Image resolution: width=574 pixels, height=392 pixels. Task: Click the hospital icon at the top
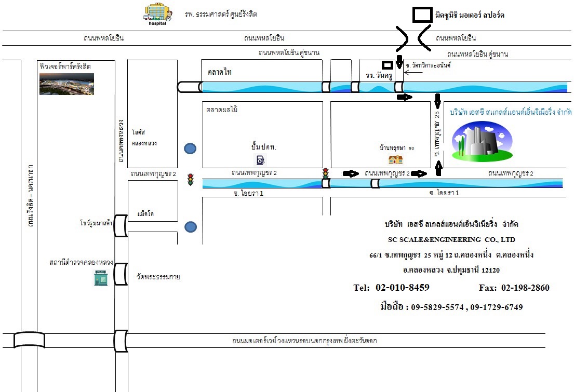pos(157,14)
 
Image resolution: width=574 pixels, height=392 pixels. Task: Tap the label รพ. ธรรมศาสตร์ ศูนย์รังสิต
pos(221,14)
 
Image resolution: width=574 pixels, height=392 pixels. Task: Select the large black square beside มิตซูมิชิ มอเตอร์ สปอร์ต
pos(422,15)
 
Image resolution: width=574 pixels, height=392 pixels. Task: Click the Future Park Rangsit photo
pos(66,84)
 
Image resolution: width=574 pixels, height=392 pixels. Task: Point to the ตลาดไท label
pos(219,72)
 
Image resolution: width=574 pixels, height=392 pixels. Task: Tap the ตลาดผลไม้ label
pos(222,110)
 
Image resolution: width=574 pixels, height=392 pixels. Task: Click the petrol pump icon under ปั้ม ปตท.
pos(260,159)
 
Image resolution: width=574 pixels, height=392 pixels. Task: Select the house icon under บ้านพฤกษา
pos(396,159)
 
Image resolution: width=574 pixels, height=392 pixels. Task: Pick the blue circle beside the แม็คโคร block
pos(191,226)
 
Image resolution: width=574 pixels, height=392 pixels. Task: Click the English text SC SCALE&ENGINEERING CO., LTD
pos(451,239)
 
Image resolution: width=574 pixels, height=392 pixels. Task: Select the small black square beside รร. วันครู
pos(387,65)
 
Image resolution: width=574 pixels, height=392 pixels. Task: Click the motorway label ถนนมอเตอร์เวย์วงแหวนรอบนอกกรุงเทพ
pos(304,341)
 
